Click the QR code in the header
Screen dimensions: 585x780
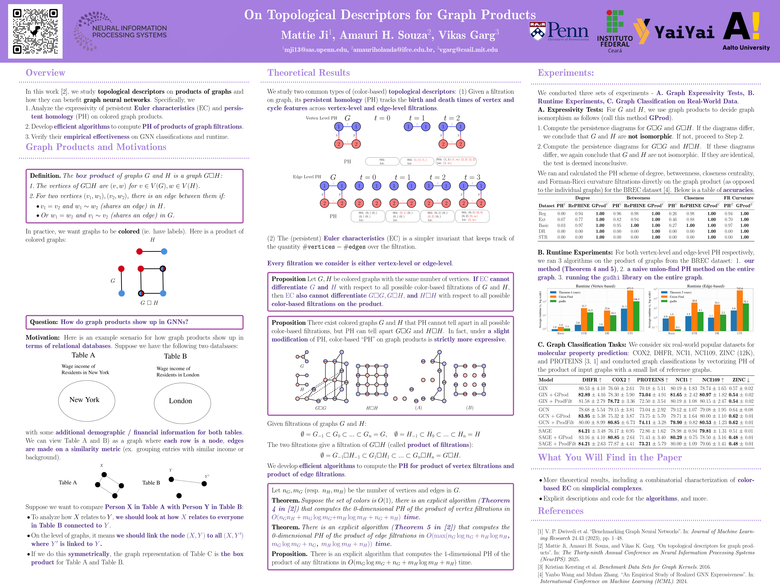[35, 31]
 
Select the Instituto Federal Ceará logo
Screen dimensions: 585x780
[615, 32]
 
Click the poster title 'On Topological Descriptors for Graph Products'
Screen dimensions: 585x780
[390, 15]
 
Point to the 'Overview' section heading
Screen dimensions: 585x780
[45, 73]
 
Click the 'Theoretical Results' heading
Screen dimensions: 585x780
[309, 73]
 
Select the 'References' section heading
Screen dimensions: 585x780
[560, 511]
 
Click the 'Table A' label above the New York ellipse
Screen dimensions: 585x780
[83, 355]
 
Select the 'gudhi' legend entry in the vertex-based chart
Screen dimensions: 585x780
[562, 301]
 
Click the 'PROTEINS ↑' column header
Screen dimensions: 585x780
[652, 380]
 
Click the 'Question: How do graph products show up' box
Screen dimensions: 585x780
[134, 322]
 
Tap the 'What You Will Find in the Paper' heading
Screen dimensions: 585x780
[610, 457]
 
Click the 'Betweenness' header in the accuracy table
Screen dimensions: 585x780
[638, 198]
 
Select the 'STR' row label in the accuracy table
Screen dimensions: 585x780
[543, 237]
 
